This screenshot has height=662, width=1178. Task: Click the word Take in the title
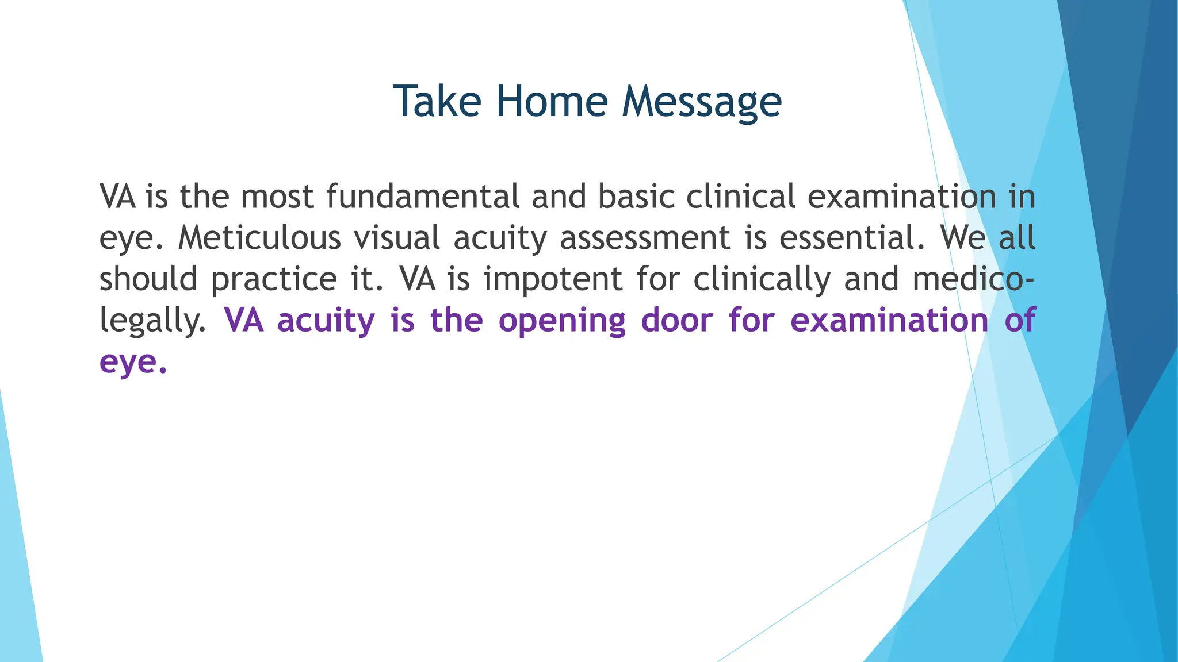[x=437, y=101]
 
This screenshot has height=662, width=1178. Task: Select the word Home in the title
[x=552, y=101]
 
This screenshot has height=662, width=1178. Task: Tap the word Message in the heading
[x=702, y=102]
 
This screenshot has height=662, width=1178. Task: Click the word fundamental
[x=423, y=197]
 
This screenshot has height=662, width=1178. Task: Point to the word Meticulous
[x=259, y=238]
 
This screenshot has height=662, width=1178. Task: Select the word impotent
[x=553, y=280]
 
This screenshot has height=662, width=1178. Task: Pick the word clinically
[x=762, y=280]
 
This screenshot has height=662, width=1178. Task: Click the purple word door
[x=677, y=320]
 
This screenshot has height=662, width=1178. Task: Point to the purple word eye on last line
[x=132, y=363]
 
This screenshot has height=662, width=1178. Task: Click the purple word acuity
[x=326, y=321]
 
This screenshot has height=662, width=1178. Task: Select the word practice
[x=274, y=280]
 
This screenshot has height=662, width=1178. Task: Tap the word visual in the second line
[x=397, y=238]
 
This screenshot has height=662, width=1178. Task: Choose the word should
[x=148, y=279]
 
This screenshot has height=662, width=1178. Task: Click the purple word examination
[x=889, y=320]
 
